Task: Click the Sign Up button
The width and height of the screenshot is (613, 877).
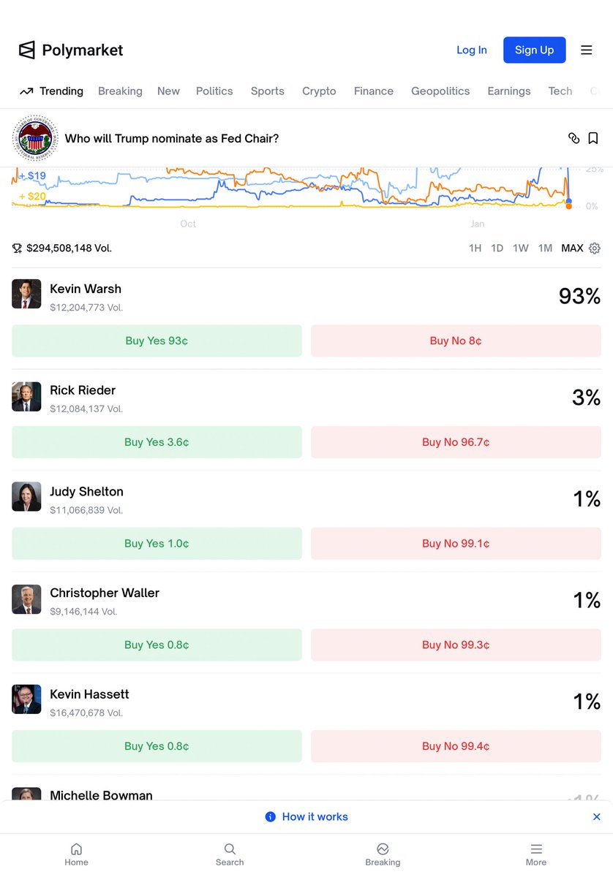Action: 534,50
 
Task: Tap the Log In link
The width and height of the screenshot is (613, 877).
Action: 471,50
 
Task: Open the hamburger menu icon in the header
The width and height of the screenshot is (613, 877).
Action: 586,50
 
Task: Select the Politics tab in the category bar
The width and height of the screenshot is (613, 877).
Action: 214,91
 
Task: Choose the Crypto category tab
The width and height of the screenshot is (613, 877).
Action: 319,91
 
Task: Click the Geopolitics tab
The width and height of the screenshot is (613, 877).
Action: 440,91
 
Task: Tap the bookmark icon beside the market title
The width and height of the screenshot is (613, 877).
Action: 593,138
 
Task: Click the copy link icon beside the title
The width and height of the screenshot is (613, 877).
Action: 573,138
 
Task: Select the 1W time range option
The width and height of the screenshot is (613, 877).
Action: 520,248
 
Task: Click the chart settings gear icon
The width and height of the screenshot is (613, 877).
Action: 595,248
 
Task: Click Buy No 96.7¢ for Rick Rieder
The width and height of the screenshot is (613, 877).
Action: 456,442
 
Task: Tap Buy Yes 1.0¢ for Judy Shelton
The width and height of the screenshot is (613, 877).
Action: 157,544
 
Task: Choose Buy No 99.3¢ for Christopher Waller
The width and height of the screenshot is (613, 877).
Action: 456,645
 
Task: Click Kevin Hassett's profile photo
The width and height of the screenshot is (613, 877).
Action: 26,699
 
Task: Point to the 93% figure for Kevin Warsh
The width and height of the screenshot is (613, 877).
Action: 579,296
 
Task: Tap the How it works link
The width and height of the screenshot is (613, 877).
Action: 315,816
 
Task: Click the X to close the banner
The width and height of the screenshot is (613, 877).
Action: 596,816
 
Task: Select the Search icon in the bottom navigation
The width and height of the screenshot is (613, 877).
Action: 230,854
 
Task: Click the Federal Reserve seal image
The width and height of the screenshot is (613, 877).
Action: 35,138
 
